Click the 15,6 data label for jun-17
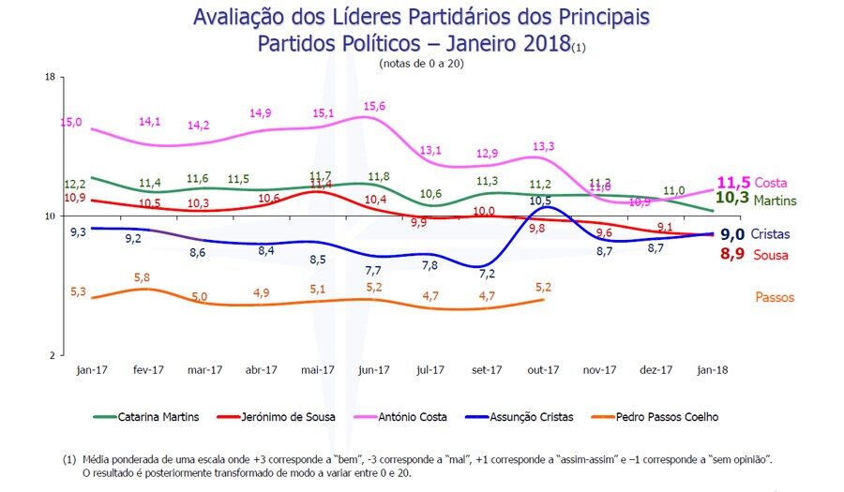pos(375,107)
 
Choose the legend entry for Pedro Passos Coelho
pos(665,417)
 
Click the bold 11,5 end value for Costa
pos(733,182)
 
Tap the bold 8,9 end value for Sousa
pos(732,254)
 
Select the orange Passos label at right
pos(775,298)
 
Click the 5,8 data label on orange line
pos(143,277)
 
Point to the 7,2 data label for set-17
pos(487,274)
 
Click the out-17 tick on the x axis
pos(542,370)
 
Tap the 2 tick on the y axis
pos(53,355)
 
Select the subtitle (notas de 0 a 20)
pos(421,64)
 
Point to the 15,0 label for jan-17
pos(71,123)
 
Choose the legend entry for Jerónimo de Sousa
pos(286,417)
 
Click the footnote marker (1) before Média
pos(69,460)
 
